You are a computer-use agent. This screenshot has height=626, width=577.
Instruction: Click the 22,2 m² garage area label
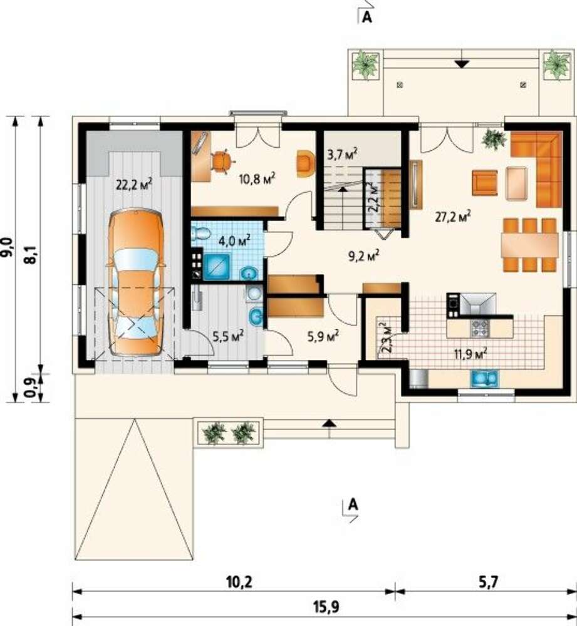(134, 185)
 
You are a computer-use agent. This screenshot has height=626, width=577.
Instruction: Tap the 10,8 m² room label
(257, 178)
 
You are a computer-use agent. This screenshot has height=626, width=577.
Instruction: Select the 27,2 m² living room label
(452, 217)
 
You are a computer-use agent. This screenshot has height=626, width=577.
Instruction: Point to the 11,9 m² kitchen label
(470, 353)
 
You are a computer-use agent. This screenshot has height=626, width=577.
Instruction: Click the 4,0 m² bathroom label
(234, 241)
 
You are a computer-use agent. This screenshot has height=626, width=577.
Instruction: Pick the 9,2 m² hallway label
(363, 256)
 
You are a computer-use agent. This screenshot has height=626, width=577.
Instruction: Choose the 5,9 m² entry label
(323, 337)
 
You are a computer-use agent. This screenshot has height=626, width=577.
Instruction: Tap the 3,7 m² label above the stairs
(342, 154)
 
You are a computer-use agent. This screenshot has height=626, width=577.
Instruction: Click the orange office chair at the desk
(223, 162)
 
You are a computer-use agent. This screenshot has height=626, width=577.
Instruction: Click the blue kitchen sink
(484, 379)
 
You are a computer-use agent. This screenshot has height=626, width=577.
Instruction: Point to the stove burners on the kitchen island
(479, 328)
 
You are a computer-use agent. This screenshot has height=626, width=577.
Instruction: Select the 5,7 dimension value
(487, 582)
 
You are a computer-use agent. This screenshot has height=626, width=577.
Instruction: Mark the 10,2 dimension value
(239, 582)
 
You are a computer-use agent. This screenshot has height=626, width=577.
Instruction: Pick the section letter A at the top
(366, 18)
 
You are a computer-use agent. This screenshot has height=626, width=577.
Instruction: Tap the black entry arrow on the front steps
(329, 423)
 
